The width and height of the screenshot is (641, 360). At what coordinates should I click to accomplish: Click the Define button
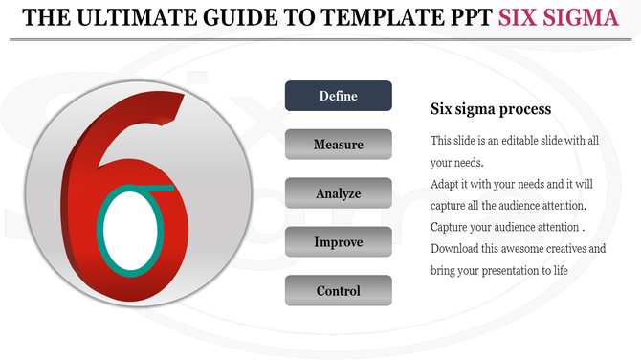339,96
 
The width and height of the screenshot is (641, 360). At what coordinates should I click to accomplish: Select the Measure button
339,145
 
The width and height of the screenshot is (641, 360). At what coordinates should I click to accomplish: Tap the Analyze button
339,193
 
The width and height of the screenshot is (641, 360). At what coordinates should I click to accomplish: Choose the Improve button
339,242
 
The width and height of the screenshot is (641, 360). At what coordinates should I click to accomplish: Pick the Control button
339,291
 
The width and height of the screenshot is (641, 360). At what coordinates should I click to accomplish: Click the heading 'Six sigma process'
491,109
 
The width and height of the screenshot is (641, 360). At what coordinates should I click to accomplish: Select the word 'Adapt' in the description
447,184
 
